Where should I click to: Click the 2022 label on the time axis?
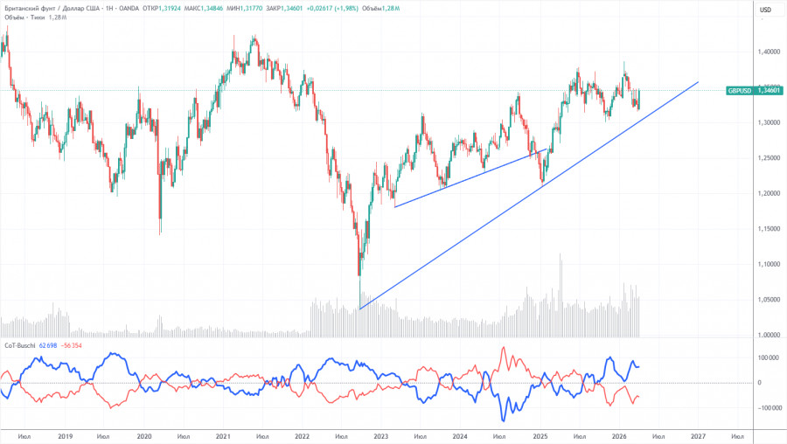[302, 435]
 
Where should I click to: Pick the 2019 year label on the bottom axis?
[64, 435]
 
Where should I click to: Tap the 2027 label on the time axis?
[698, 435]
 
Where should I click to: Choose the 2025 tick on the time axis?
[540, 435]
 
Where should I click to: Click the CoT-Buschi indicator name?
[18, 346]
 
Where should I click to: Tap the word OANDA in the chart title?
[113, 10]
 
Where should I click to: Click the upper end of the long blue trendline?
[698, 82]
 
